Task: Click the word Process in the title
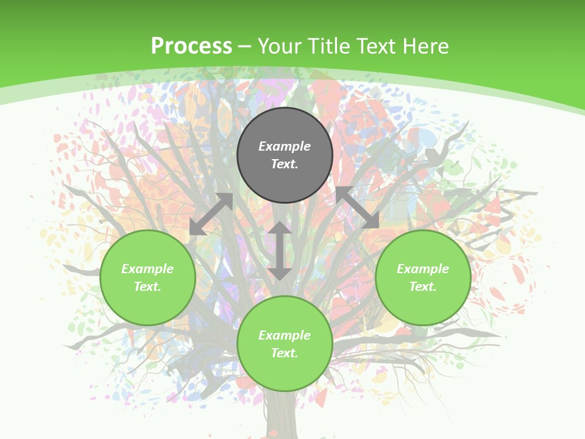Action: pyautogui.click(x=191, y=46)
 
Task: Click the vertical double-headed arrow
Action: pyautogui.click(x=280, y=251)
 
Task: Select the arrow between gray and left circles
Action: pyautogui.click(x=211, y=214)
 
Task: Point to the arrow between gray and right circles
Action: pyautogui.click(x=357, y=208)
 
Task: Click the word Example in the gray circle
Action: pyautogui.click(x=285, y=146)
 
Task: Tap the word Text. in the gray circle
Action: pyautogui.click(x=285, y=164)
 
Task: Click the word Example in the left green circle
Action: pyautogui.click(x=147, y=269)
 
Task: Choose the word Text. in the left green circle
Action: pyautogui.click(x=147, y=287)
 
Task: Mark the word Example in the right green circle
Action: pyautogui.click(x=423, y=269)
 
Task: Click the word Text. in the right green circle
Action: pyautogui.click(x=423, y=287)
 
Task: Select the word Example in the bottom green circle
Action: pyautogui.click(x=285, y=335)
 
